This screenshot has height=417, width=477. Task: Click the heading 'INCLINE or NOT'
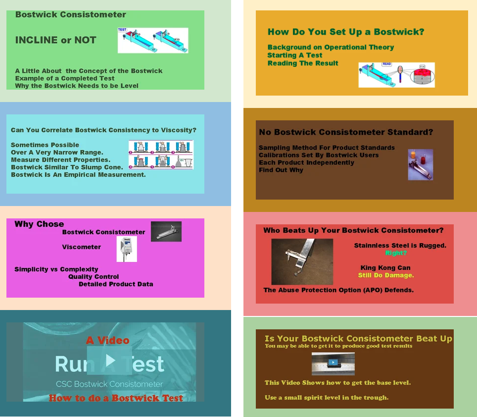coord(56,41)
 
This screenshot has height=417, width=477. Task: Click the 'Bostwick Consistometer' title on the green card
coord(71,15)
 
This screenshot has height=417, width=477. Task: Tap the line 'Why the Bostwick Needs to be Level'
coord(77,86)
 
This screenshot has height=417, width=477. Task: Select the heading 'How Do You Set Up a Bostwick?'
coord(346,32)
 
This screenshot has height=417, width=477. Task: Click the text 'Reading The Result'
coord(303,63)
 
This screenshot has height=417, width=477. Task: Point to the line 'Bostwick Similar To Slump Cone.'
coord(67,167)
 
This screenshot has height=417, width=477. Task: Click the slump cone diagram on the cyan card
coord(161,155)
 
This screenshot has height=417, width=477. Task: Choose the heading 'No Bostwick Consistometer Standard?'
coord(346,132)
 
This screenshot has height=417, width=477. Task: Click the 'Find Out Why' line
coord(281,170)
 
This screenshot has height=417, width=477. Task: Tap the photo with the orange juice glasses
coord(420,164)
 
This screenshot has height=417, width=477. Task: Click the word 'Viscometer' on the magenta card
coord(81,247)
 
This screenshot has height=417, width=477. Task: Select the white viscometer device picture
coord(127,249)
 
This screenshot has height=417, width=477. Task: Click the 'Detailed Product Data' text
coord(116,284)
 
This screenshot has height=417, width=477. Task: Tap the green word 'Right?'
coord(396,253)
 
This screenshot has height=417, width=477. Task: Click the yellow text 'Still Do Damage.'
coord(386,275)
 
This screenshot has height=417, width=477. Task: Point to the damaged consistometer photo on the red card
coord(302,261)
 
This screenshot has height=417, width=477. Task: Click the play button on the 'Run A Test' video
coord(110,361)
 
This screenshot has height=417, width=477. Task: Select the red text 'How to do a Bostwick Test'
coord(116,398)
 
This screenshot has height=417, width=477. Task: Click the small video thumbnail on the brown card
coord(333,363)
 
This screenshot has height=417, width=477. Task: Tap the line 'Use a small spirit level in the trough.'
coord(327,397)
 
